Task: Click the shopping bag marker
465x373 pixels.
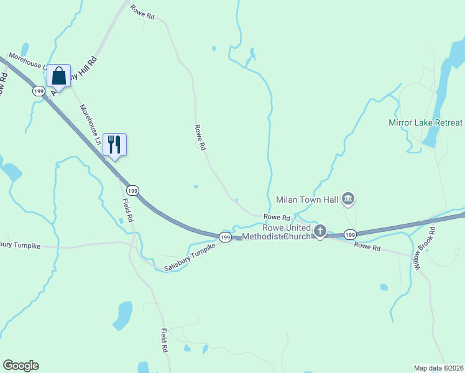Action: tap(59, 76)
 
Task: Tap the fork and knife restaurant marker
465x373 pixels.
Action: tap(114, 144)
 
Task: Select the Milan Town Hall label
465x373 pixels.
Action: tap(306, 200)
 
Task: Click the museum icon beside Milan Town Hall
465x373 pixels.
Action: tap(348, 199)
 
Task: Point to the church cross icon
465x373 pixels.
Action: tap(320, 232)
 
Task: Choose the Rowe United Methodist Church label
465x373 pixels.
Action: tap(277, 232)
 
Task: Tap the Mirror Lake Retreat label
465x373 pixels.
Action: tap(426, 122)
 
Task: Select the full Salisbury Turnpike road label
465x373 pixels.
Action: tap(190, 257)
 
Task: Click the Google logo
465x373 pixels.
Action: tap(21, 365)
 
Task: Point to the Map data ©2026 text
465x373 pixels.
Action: tap(439, 367)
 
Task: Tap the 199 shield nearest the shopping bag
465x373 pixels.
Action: tap(39, 91)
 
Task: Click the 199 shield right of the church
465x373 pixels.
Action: tap(350, 234)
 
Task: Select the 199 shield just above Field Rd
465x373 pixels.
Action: tap(132, 190)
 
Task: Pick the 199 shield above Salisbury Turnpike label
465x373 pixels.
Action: tap(225, 237)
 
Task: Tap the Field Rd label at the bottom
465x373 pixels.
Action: tap(165, 341)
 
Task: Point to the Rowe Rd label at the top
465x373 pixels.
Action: tap(142, 12)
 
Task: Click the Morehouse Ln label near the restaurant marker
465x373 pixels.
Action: tap(89, 125)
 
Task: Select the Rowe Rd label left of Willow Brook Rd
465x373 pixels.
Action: tap(367, 247)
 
